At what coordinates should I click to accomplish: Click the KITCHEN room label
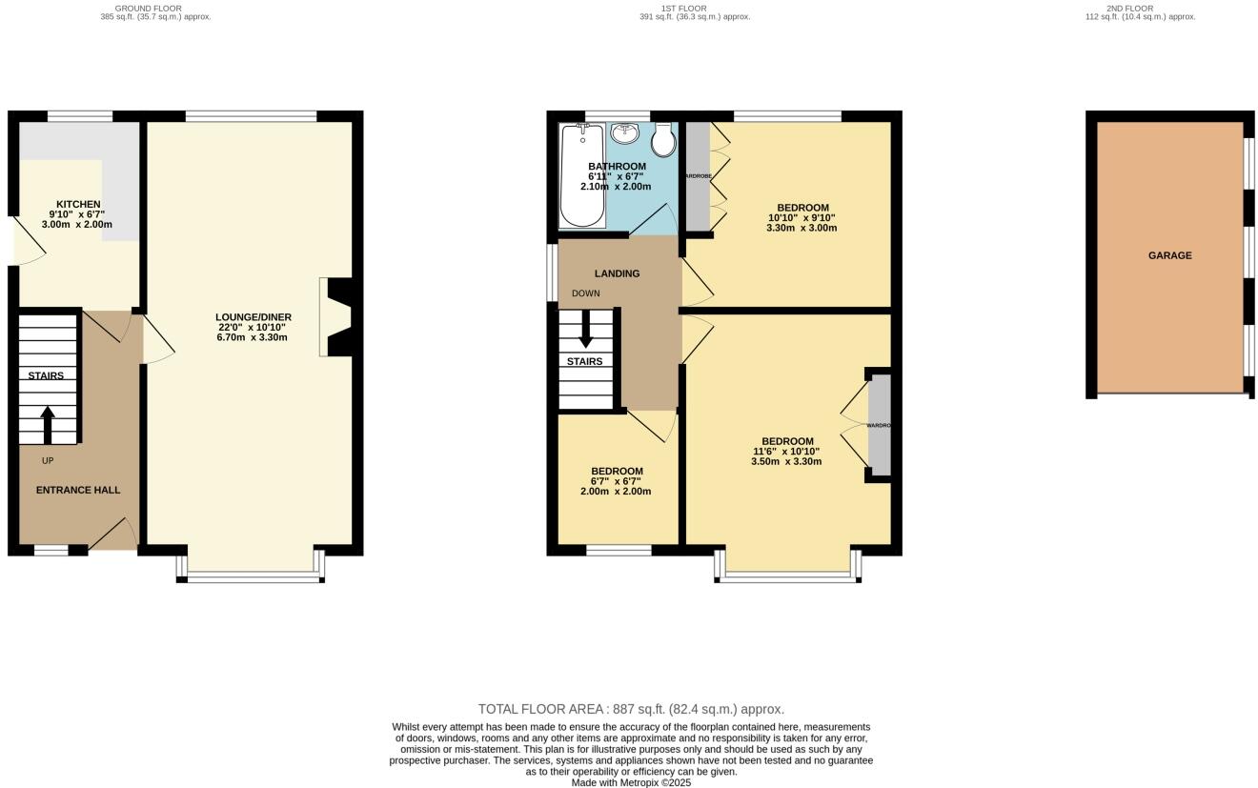(x=77, y=204)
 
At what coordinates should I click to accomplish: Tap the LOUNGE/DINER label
(x=253, y=317)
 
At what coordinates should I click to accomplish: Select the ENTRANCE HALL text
(x=78, y=490)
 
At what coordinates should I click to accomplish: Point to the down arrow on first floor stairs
(x=585, y=330)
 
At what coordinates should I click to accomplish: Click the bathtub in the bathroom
(x=582, y=176)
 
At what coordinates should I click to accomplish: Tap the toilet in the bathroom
(x=664, y=141)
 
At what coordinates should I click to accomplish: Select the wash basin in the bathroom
(x=625, y=132)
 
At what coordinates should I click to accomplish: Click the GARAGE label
(x=1169, y=255)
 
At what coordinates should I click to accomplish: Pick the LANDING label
(x=617, y=273)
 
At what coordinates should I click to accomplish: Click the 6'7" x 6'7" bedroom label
(x=617, y=471)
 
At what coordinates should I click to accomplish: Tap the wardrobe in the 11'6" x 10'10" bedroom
(x=880, y=425)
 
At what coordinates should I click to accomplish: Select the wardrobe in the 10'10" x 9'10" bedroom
(x=699, y=176)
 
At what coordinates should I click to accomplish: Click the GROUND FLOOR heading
(x=154, y=9)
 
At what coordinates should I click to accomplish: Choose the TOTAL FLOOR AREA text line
(x=630, y=709)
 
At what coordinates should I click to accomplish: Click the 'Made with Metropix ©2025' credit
(x=630, y=782)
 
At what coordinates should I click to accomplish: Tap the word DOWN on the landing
(x=585, y=293)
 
